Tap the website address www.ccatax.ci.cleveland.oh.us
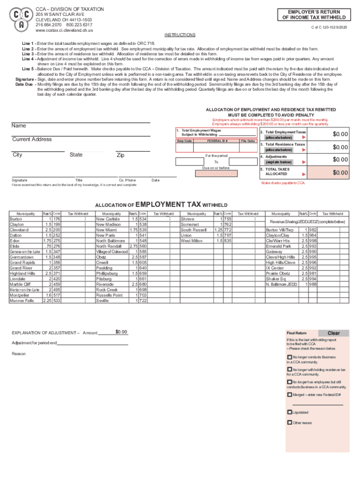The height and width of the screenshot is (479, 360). point(65,30)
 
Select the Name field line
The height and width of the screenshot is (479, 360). point(81,123)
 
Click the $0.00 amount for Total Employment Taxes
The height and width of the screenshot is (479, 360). point(340,134)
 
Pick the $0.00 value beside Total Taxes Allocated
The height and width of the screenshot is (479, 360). point(340,173)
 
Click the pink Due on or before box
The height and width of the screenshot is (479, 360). point(216,174)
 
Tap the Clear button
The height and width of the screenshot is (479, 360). point(334,333)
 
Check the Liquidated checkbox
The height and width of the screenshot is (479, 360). point(289,412)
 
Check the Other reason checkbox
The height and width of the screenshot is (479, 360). point(289,422)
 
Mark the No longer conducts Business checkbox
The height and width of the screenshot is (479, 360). point(289,357)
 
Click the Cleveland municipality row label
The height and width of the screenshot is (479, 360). point(19,230)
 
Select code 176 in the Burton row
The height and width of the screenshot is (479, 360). point(57,219)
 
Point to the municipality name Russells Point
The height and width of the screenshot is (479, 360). point(109,295)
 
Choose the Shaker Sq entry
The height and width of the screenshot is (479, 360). point(276,278)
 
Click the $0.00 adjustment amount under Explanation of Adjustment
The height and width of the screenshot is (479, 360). point(122,332)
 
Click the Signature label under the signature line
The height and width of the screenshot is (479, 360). point(20,180)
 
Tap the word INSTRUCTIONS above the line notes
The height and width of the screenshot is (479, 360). point(180,35)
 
